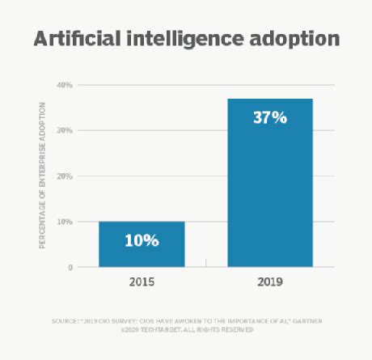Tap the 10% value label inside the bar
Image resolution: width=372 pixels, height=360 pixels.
tap(142, 240)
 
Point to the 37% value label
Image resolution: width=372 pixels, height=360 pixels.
tap(270, 118)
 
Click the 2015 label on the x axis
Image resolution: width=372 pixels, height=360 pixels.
tap(142, 285)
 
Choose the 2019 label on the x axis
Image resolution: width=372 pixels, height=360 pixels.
tap(270, 285)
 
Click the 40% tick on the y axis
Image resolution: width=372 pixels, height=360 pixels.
tap(64, 85)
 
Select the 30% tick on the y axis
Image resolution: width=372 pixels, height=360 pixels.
tap(64, 130)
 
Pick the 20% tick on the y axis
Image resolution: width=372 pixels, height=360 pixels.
tap(64, 176)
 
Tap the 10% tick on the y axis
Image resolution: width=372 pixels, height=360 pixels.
tap(64, 222)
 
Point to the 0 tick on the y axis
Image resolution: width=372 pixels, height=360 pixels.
tap(70, 267)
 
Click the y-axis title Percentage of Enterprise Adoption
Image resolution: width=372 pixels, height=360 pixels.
tap(42, 175)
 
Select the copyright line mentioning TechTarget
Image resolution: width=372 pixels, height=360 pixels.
tap(187, 330)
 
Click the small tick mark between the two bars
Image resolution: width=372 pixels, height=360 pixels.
tap(206, 262)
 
